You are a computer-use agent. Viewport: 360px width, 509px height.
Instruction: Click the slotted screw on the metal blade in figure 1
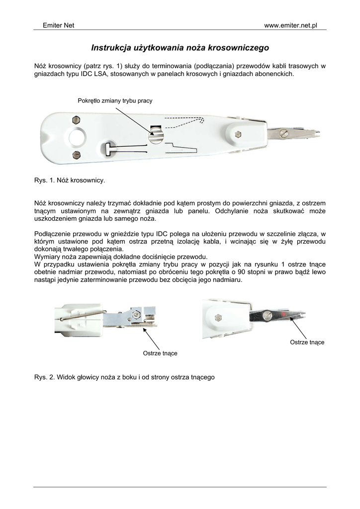[x=284, y=134]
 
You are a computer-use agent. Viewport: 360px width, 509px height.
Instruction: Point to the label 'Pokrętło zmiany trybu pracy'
[x=115, y=101]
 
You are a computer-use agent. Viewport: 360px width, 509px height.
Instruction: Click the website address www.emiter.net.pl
[x=290, y=25]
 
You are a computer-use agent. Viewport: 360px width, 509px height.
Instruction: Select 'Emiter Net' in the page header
[x=58, y=25]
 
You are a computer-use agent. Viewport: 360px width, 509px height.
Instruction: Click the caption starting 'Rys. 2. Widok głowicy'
[x=124, y=377]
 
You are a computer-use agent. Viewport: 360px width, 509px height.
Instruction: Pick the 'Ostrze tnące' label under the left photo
[x=160, y=353]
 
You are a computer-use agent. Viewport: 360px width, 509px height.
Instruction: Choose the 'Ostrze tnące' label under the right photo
[x=307, y=342]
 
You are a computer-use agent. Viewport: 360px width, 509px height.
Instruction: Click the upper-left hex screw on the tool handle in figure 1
[x=76, y=119]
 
